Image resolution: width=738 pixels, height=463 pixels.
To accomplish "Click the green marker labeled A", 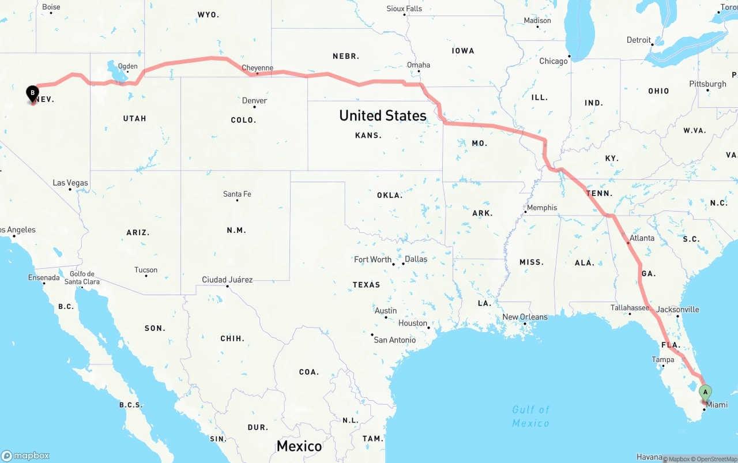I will click(705, 393).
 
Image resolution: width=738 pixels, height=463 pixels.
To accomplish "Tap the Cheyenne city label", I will click(257, 68).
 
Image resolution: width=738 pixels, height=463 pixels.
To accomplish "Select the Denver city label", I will click(254, 101).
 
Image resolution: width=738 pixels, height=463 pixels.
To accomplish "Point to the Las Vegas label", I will click(70, 183).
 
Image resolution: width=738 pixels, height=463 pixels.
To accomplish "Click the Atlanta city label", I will click(642, 238).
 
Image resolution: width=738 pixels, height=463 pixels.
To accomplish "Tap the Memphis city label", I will click(542, 208).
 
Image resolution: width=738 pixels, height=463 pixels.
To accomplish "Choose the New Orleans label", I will click(525, 317).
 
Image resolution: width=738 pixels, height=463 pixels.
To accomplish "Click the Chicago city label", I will click(553, 61).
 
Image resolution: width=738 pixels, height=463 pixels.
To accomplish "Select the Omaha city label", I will click(419, 65).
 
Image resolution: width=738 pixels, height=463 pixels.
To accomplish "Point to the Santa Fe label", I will click(237, 194).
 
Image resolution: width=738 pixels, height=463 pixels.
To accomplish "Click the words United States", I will click(383, 115).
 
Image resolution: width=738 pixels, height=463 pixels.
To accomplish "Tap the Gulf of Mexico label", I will click(531, 416).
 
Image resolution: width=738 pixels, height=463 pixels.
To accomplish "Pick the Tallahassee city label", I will click(630, 308).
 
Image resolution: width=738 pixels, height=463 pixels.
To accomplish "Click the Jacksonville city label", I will click(677, 310).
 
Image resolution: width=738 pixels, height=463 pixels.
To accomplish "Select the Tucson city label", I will click(146, 270).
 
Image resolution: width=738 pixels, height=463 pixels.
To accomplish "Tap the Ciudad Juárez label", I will click(227, 280).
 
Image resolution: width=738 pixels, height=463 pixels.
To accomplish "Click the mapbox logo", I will click(25, 456).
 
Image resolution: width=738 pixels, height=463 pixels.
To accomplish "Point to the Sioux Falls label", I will click(404, 9).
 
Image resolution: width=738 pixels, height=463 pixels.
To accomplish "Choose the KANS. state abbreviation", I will click(368, 135).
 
